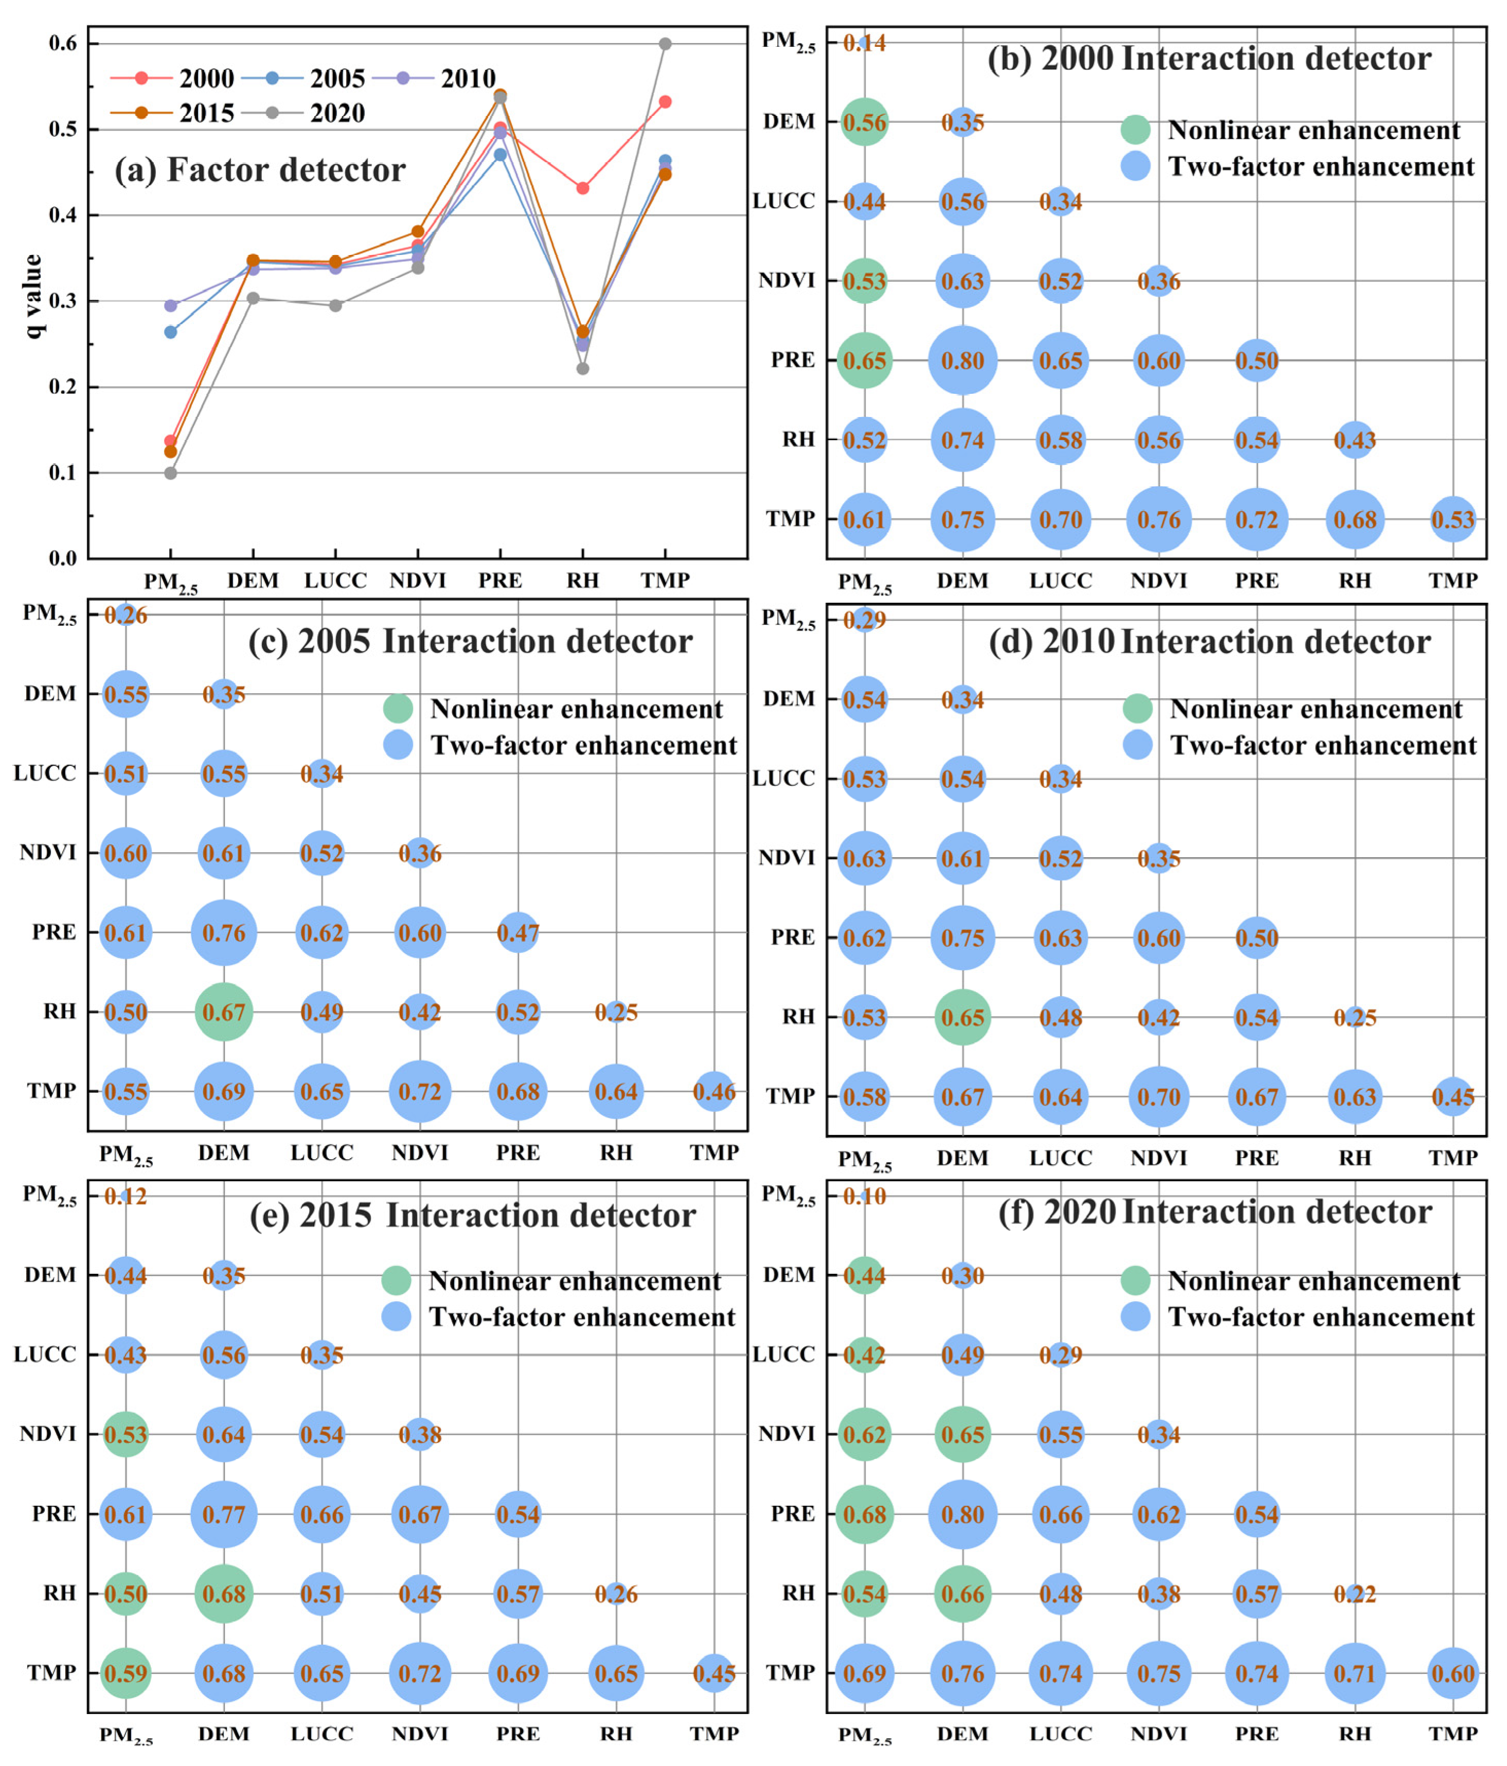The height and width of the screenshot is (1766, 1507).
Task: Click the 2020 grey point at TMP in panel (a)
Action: click(665, 44)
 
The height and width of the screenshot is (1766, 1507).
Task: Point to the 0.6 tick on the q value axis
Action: click(63, 44)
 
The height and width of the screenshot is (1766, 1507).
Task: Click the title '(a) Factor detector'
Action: click(260, 170)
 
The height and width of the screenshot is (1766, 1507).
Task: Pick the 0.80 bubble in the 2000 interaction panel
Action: click(962, 361)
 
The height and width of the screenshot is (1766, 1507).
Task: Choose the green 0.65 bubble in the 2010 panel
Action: click(962, 1017)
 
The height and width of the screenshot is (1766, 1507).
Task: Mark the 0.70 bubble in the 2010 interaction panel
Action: click(1158, 1097)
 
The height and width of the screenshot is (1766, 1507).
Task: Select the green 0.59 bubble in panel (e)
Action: click(126, 1673)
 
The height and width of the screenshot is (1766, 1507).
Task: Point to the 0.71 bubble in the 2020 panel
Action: click(1354, 1673)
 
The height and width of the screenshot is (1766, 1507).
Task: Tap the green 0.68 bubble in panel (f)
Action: click(864, 1515)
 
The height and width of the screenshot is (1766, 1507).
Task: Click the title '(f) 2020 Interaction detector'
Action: click(1215, 1212)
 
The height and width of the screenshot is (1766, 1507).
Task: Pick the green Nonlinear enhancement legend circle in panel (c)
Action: click(397, 708)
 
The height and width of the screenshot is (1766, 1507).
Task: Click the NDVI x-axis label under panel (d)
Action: click(1158, 1158)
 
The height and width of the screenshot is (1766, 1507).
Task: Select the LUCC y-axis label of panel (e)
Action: click(44, 1355)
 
